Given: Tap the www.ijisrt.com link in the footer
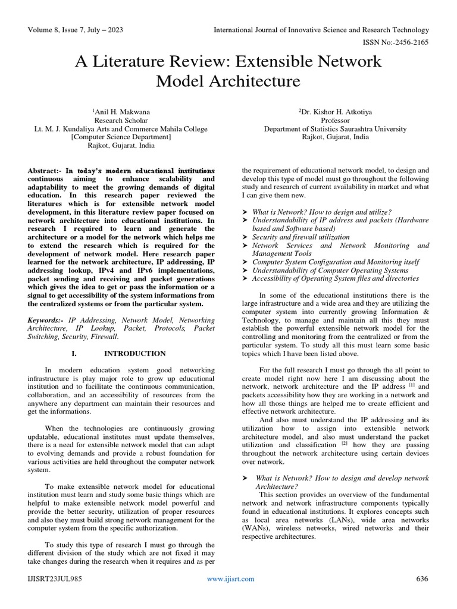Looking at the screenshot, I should pos(231,579).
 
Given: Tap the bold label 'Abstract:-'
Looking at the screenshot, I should pos(45,171).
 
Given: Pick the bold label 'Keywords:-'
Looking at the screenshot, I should pos(47,320).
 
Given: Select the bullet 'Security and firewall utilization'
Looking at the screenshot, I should pos(301,237).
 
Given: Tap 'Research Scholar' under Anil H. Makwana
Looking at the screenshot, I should pos(121,120).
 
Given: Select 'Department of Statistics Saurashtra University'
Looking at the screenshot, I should pos(335,128).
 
